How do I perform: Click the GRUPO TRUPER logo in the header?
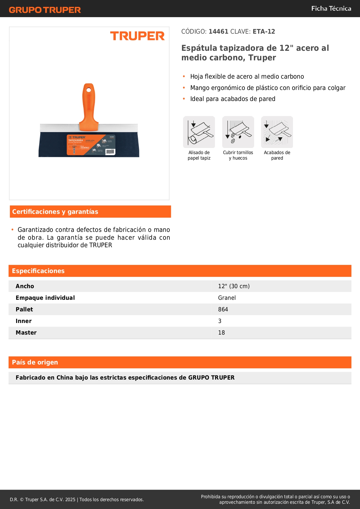point(45,10)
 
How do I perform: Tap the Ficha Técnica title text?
point(331,8)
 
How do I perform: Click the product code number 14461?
point(218,32)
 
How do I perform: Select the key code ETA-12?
point(264,32)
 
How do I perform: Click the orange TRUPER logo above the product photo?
point(137,36)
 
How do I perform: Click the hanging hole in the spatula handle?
point(89,89)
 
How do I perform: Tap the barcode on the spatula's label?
point(110,151)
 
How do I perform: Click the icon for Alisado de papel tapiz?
point(199,132)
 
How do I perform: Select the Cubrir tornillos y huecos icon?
point(238,132)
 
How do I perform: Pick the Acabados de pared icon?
point(277,132)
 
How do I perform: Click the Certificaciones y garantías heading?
point(55,212)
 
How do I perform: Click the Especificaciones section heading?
point(38,271)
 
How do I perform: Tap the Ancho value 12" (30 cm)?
point(234,286)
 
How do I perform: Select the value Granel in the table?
point(227,298)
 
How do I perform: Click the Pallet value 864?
point(223,310)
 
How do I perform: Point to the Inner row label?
point(24,321)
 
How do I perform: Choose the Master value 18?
point(221,333)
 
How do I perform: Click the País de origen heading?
point(35,362)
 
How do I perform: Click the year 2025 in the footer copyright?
point(70,500)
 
